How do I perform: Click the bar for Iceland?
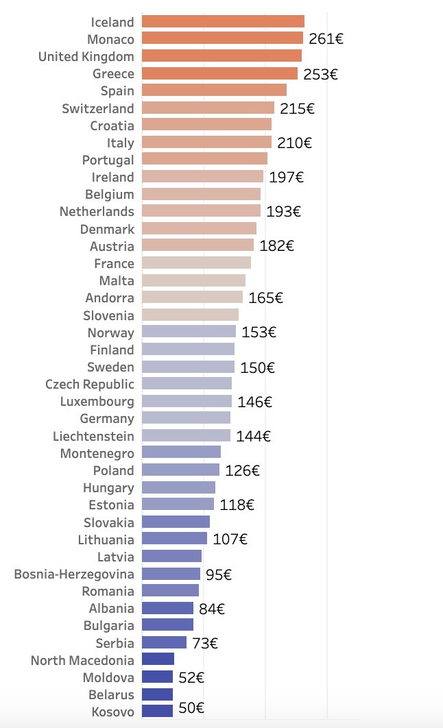[223, 21]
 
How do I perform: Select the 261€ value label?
[326, 39]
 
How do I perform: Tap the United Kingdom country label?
[86, 56]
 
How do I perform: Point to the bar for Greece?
[219, 73]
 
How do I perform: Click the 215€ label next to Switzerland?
[297, 108]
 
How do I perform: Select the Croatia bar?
[206, 125]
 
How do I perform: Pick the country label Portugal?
[108, 160]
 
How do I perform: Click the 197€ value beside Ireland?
[286, 177]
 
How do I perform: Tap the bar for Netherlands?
[201, 211]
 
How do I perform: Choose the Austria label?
[112, 245]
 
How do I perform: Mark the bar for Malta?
[193, 280]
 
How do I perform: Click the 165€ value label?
[265, 298]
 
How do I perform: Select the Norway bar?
[189, 332]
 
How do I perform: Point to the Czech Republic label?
[90, 384]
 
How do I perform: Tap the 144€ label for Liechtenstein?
[253, 435]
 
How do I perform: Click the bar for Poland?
[180, 470]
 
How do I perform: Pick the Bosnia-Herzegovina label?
[74, 574]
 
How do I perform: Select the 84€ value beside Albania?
[212, 608]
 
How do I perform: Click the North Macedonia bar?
[158, 659]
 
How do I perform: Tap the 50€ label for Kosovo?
[191, 708]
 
